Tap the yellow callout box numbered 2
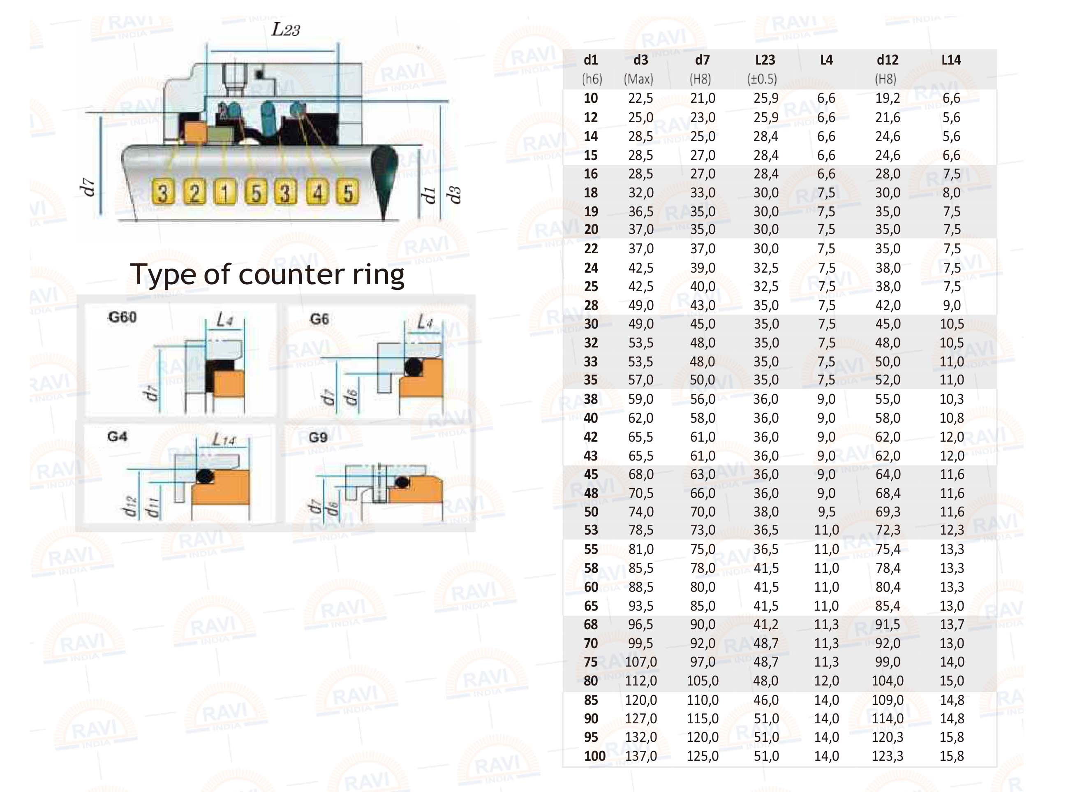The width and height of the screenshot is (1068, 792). coord(194,192)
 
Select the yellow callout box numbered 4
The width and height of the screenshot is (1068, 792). coord(317,192)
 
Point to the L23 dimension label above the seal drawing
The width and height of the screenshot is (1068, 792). coord(286,30)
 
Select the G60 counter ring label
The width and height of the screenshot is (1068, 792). coord(122,317)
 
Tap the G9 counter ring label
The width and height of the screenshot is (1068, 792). coord(318,437)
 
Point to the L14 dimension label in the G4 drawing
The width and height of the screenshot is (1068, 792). coord(224,439)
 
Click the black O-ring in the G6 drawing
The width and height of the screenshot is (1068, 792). coord(413,368)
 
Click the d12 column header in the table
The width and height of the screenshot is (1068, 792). coord(888,60)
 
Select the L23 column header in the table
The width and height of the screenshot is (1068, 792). coord(765,60)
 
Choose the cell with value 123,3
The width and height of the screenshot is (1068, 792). coord(888,756)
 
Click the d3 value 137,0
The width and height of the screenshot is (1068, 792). coord(641,756)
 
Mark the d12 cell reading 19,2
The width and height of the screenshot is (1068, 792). coord(888,98)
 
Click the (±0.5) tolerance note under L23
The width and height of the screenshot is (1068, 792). coord(762,79)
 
